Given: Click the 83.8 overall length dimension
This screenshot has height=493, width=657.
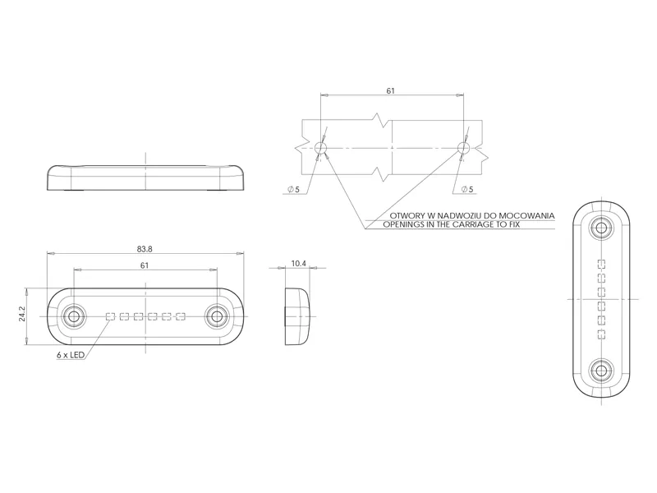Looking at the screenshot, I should tap(145, 249).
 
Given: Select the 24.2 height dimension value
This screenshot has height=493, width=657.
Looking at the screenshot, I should tap(22, 316).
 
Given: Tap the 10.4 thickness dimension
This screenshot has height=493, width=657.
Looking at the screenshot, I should tap(298, 264).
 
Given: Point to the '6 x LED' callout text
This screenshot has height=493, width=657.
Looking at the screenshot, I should tap(71, 355).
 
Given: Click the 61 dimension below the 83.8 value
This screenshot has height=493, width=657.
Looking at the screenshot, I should tap(145, 265).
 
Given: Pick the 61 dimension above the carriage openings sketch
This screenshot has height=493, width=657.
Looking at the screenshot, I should tap(392, 91).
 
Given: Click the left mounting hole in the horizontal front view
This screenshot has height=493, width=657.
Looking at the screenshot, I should tap(74, 316).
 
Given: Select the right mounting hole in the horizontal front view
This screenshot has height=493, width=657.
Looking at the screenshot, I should tap(217, 316).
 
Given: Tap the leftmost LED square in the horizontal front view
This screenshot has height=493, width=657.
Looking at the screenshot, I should tap(110, 316).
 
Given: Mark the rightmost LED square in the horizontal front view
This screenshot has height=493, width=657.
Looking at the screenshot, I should tap(181, 316).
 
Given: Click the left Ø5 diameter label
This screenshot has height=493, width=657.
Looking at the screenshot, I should tap(294, 190).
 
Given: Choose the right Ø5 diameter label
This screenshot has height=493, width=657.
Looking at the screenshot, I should tap(466, 190).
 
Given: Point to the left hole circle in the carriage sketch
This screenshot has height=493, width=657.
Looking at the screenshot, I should tap(320, 148).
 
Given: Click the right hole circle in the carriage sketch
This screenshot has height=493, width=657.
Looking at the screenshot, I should tap(464, 148).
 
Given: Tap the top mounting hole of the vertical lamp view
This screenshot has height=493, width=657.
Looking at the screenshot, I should tap(602, 228).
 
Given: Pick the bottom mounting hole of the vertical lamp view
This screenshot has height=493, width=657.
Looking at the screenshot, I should tap(602, 371).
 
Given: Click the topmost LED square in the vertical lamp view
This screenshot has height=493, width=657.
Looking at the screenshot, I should tap(602, 264).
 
